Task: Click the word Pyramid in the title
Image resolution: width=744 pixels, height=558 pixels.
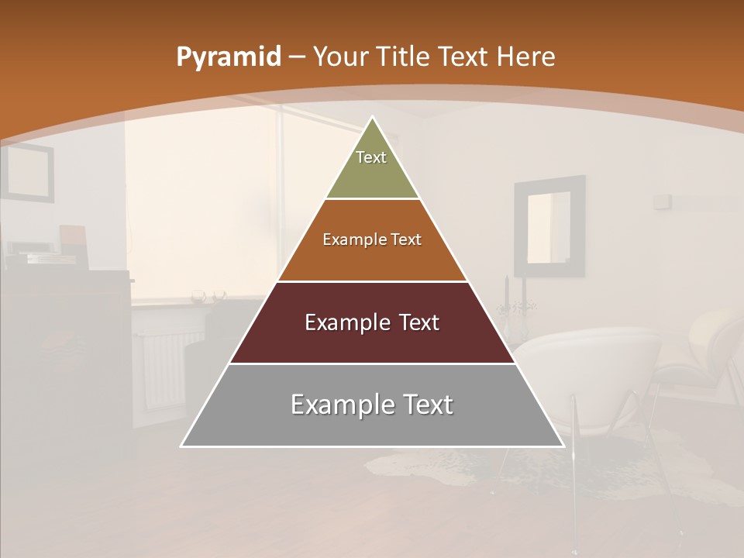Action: pos(228,57)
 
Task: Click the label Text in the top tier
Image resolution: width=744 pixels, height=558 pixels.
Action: pos(371,157)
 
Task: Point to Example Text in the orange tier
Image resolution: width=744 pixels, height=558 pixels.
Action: pos(372,239)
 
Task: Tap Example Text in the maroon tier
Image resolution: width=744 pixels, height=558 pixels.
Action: pos(372,322)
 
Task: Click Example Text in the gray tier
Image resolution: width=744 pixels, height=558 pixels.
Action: pos(372,405)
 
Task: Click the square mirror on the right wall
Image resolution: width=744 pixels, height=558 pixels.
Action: pos(549,226)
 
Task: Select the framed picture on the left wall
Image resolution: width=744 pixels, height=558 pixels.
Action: pos(28,172)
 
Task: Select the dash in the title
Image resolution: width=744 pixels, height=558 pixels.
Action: pos(297,57)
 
